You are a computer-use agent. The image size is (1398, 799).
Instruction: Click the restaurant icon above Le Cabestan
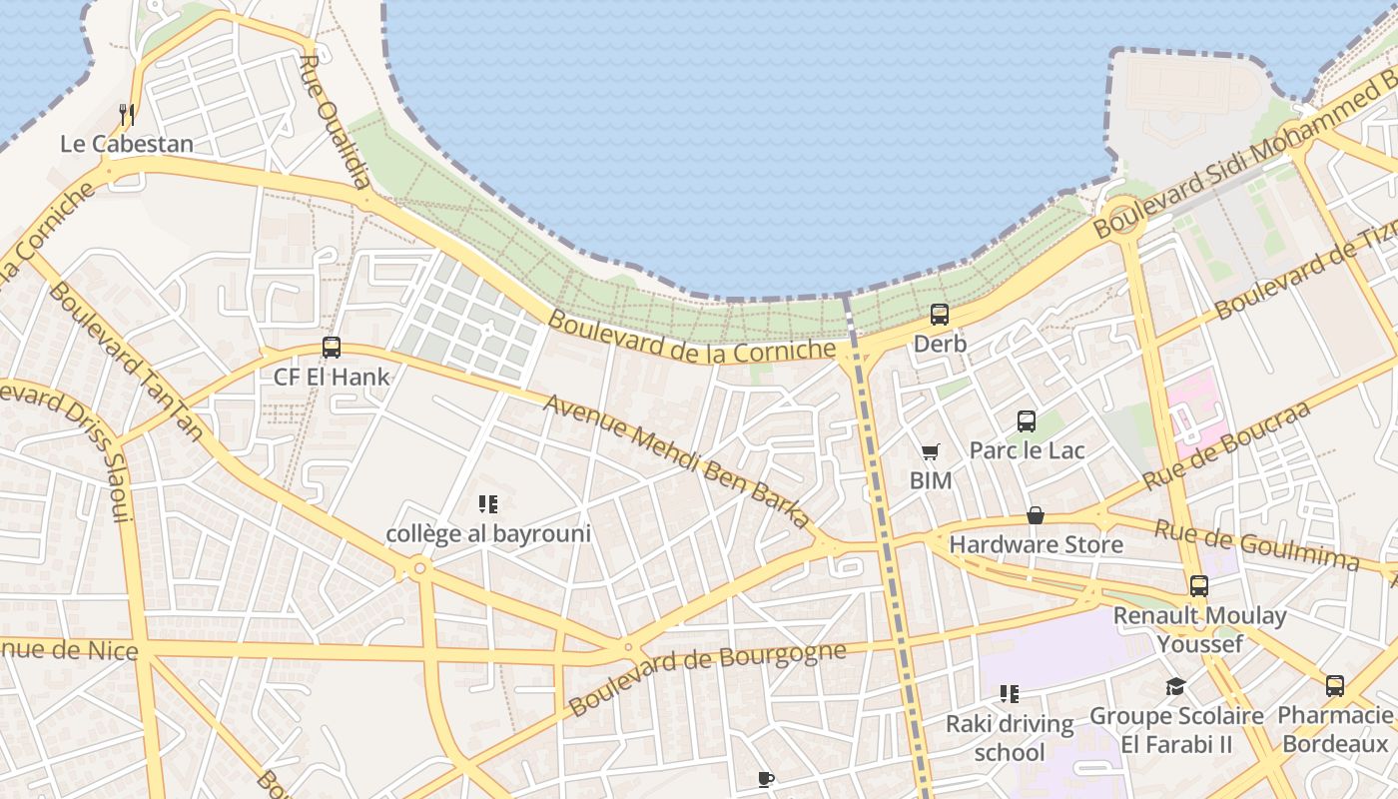pos(127,115)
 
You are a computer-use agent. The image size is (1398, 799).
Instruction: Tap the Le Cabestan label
pos(127,144)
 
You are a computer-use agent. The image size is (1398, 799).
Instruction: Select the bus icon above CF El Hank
pos(332,348)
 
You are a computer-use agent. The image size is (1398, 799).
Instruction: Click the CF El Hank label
pos(332,378)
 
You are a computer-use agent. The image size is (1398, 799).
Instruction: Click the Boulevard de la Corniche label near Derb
pos(692,338)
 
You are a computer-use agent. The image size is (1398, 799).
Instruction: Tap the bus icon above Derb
pos(940,315)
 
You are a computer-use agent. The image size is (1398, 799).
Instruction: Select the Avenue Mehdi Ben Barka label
pos(677,461)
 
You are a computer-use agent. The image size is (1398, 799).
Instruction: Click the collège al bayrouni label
pos(488,533)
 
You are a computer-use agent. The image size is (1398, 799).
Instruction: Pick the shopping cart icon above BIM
pos(930,452)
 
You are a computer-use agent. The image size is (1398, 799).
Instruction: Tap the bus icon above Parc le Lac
pos(1027,421)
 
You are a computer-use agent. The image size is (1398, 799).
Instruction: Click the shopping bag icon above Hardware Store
pos(1036,516)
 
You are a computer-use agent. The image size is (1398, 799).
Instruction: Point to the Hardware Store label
pos(1036,544)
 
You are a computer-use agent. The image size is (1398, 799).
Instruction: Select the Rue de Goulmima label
pos(1256,544)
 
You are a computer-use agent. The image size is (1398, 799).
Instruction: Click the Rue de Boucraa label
pos(1226,445)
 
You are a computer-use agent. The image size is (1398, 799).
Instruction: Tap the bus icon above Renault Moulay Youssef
pos(1198,586)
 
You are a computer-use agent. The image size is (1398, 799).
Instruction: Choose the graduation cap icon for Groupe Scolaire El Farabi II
pos(1175,687)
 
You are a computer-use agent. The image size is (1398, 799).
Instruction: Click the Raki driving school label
pos(1010,737)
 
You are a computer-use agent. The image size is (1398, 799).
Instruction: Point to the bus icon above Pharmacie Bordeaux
pos(1335,686)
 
